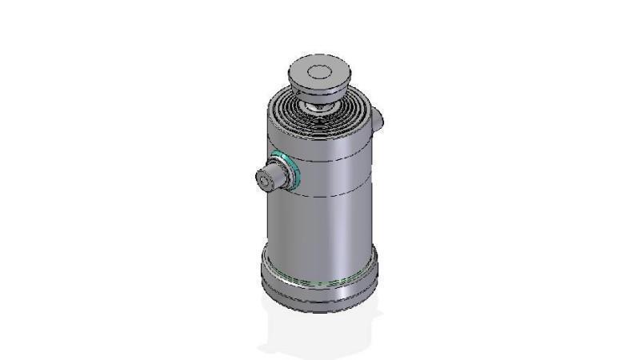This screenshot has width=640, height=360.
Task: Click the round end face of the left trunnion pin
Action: point(266,181)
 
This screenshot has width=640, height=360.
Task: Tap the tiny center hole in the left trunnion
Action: point(265,182)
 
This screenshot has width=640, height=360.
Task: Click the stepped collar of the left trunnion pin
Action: point(281,173)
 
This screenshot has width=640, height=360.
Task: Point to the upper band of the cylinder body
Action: point(320,144)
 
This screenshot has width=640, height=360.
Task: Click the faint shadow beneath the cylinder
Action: point(320,332)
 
